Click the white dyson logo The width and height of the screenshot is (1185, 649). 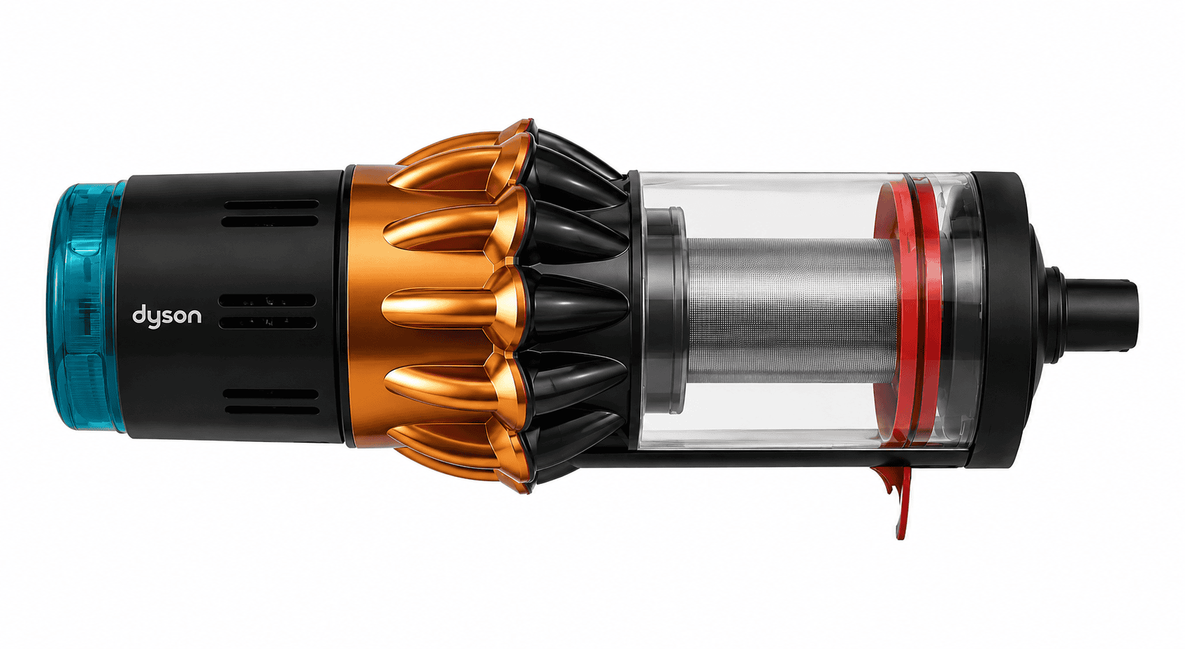click(x=166, y=316)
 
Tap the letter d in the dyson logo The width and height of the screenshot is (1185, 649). click(x=138, y=315)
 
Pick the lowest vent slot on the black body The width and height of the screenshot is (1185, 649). click(x=273, y=411)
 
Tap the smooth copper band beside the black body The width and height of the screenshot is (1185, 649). click(x=365, y=307)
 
